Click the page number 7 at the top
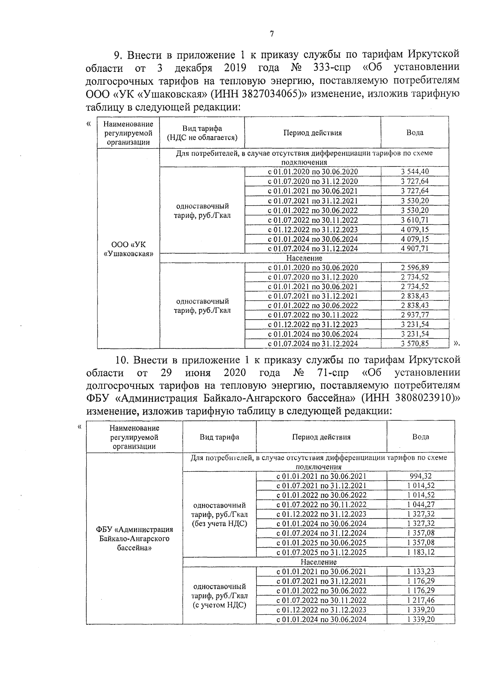[x=271, y=34]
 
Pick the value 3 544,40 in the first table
[x=415, y=172]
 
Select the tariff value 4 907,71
[x=415, y=248]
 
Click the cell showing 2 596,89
[x=415, y=268]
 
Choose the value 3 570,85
[x=415, y=343]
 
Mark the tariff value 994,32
[x=421, y=476]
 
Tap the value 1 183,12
[x=421, y=552]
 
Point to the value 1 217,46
[x=421, y=600]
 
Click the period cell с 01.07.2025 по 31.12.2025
[x=321, y=552]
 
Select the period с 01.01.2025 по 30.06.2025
[x=321, y=543]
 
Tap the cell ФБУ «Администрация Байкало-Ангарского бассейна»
[x=135, y=538]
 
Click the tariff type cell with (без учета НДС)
[x=219, y=514]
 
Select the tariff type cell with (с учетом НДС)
[x=219, y=596]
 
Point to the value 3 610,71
[x=415, y=220]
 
